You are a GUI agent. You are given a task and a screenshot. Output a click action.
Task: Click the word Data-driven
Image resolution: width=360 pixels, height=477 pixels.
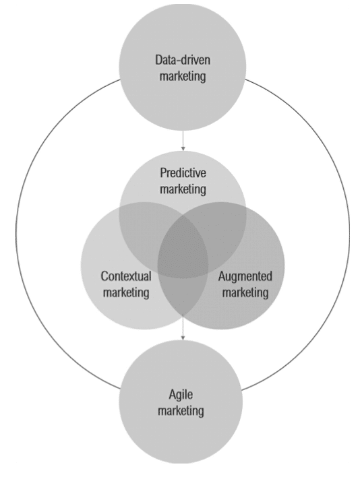[183, 60]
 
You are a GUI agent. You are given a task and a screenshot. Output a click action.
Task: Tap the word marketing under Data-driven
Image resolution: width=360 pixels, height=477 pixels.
[183, 76]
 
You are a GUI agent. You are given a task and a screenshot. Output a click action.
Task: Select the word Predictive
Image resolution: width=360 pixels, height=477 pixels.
[183, 172]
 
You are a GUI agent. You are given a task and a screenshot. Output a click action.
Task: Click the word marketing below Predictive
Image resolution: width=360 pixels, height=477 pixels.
[183, 189]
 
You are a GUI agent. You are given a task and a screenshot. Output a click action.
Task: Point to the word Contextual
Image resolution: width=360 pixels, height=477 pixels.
[126, 276]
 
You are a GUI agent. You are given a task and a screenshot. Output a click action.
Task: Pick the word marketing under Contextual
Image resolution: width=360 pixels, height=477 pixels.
[126, 292]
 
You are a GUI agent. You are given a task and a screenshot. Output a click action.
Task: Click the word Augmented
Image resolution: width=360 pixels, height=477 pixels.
[245, 276]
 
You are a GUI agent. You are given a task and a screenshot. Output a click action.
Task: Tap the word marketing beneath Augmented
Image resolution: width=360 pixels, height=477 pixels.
[245, 292]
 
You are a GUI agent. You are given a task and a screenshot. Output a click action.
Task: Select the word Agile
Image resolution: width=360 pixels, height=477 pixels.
[181, 395]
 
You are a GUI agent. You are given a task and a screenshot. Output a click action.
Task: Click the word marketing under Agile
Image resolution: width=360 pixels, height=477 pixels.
[181, 411]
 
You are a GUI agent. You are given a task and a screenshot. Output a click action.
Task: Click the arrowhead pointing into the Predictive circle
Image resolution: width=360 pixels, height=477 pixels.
[183, 148]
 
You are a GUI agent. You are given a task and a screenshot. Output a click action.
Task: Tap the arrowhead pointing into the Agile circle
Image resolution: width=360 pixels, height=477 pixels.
[183, 338]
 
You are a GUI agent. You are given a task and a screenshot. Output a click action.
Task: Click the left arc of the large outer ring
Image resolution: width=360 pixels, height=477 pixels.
[16, 234]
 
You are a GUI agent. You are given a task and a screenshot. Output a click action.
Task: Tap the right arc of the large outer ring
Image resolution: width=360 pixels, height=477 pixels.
[349, 234]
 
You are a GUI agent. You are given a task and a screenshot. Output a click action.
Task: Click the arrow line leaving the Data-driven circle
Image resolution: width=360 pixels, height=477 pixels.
[183, 139]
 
